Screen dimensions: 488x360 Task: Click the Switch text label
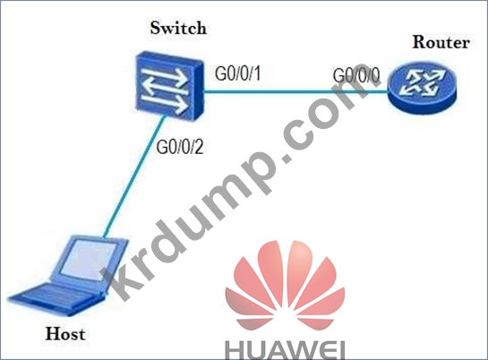point(178,28)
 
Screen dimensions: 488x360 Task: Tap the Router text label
point(441,42)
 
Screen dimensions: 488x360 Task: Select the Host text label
point(65,333)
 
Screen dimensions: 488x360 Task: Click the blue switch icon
point(169,86)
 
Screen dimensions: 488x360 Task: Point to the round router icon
point(422,88)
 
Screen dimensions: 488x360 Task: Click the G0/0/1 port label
point(238,74)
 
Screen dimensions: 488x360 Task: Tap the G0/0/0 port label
point(356,75)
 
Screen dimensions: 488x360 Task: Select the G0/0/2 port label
point(180,147)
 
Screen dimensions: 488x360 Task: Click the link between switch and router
point(296,91)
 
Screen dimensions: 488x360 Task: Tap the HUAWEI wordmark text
point(285,351)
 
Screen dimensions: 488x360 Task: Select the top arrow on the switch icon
point(165,74)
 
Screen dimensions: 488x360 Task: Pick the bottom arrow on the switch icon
point(165,103)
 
